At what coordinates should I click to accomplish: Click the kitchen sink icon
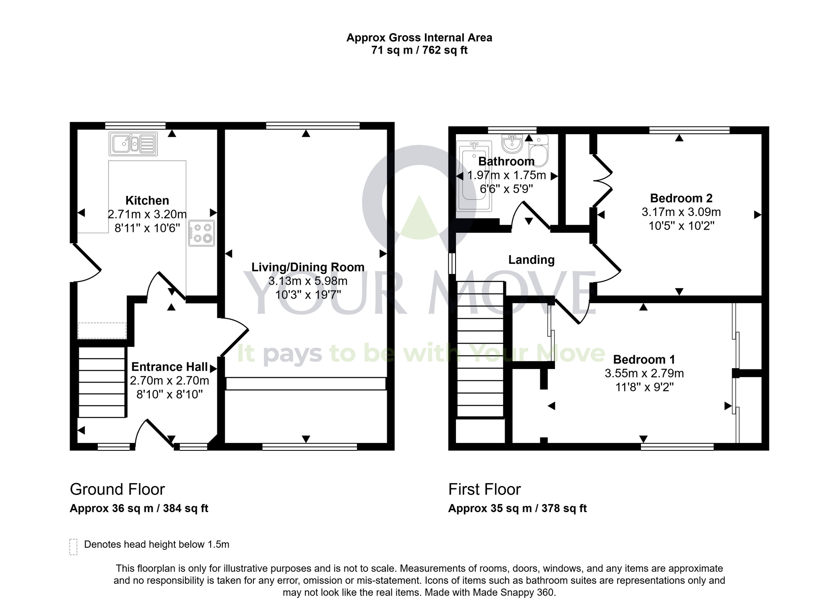(x=133, y=144)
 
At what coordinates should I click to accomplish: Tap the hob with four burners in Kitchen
(x=201, y=233)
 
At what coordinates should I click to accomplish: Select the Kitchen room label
(x=147, y=200)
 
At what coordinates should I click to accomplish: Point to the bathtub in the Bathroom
(x=473, y=177)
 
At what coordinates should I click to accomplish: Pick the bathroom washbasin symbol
(x=512, y=144)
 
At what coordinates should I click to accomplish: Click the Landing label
(x=531, y=260)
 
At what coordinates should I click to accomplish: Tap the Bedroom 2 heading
(x=681, y=198)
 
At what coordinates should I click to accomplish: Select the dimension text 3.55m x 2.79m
(x=644, y=373)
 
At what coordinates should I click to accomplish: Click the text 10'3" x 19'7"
(x=307, y=295)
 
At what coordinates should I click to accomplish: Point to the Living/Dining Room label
(x=307, y=267)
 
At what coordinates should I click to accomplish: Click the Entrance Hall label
(x=169, y=367)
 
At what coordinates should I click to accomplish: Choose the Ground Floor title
(x=117, y=489)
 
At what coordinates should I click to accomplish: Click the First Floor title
(x=484, y=489)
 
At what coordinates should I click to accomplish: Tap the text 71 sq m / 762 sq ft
(x=419, y=50)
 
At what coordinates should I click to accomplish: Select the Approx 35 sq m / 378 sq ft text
(x=517, y=508)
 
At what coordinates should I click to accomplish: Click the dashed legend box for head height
(x=73, y=547)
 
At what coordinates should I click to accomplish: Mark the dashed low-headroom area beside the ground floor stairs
(x=102, y=330)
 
